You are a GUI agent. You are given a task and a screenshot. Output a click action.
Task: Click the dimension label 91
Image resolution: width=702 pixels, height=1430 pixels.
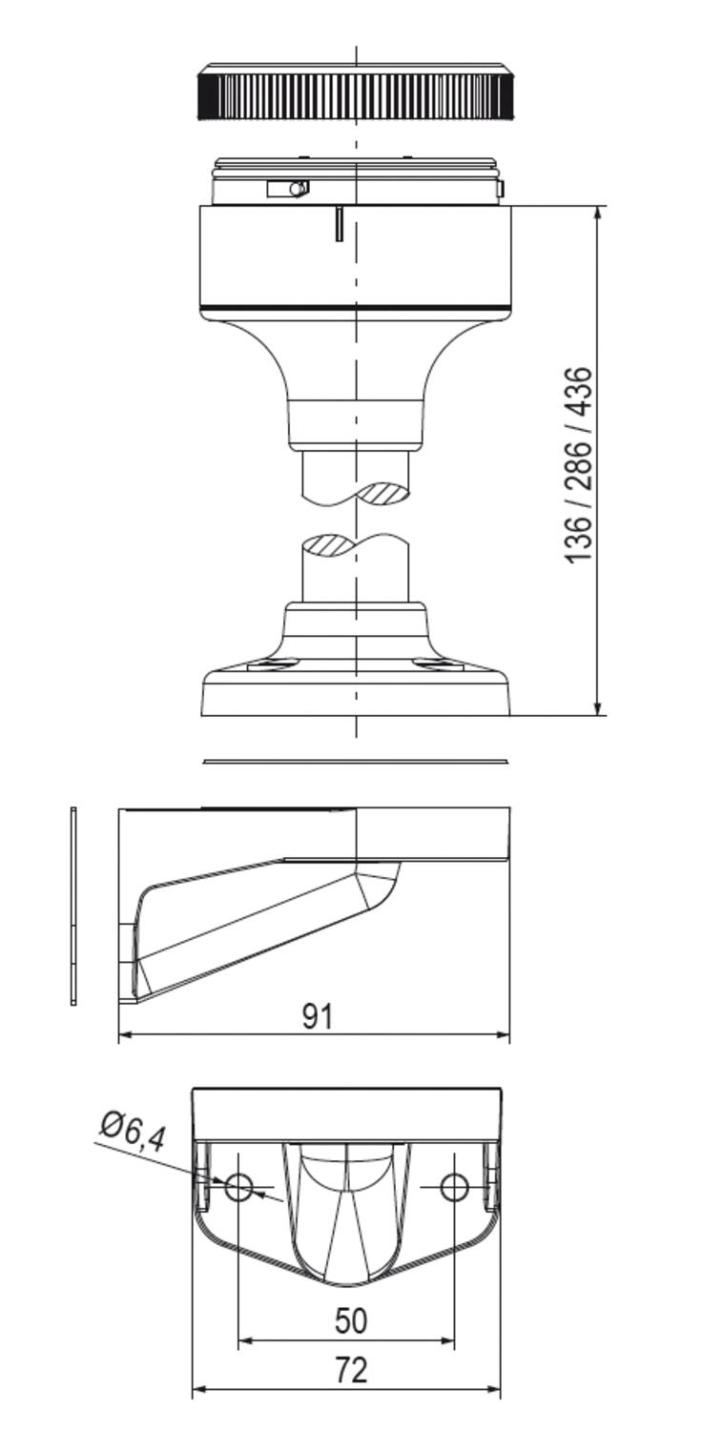pos(318,1016)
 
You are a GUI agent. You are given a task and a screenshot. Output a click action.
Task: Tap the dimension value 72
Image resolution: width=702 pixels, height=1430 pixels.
pos(351,1368)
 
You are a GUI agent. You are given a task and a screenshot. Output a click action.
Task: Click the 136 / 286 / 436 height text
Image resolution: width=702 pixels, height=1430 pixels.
pos(579,465)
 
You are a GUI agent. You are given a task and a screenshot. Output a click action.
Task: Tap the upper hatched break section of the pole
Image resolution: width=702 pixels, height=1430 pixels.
pos(382,494)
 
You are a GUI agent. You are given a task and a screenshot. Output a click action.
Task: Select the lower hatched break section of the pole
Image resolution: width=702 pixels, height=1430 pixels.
pos(329,546)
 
